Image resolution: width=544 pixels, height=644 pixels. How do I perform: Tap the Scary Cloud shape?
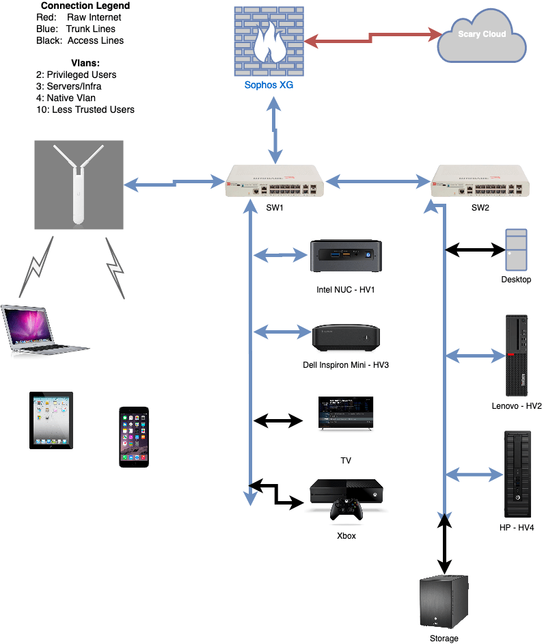tap(482, 37)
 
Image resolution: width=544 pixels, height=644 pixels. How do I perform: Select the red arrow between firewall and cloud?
tap(372, 37)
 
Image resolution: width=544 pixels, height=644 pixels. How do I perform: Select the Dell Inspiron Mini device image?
tap(346, 336)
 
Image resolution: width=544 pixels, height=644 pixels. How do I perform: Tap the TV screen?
tap(346, 412)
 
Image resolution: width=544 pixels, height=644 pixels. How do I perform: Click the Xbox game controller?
tap(347, 509)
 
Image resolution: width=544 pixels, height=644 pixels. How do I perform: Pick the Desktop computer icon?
tap(516, 250)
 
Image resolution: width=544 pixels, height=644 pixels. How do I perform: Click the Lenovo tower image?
tap(517, 355)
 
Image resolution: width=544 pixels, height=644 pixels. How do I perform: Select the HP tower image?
tap(517, 473)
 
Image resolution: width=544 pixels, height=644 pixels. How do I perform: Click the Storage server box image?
tap(444, 602)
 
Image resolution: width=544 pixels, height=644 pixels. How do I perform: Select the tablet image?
tap(51, 420)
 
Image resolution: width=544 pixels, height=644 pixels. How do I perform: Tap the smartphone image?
tap(134, 437)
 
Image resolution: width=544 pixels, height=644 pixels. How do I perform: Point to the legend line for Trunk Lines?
tap(75, 29)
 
